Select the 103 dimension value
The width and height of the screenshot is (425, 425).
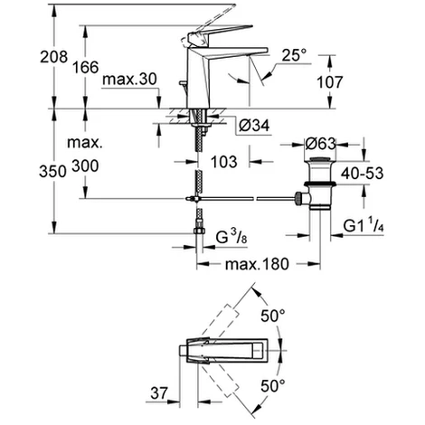[224, 162]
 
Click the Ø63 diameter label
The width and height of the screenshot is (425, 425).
[321, 142]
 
